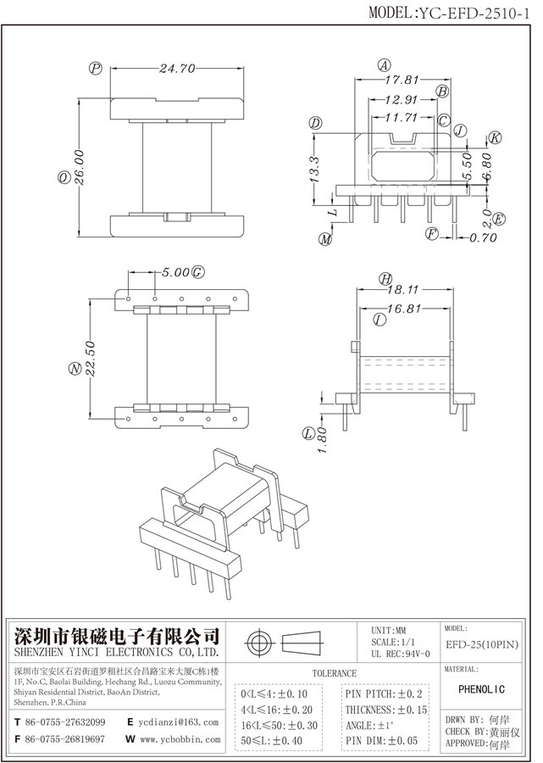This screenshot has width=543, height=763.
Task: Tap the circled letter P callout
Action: [96, 68]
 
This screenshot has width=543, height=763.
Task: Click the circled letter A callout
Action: [384, 65]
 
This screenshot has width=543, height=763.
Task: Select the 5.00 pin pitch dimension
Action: [176, 273]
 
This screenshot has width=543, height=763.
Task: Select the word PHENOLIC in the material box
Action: [486, 689]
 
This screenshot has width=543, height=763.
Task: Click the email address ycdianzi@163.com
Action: [181, 722]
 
